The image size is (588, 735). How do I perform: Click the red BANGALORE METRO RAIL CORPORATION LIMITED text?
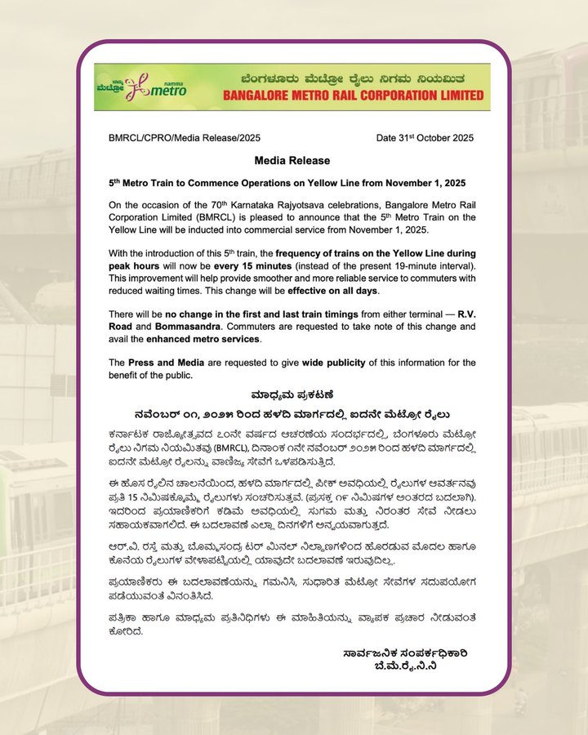(x=353, y=96)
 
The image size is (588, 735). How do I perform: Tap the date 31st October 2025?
(x=425, y=137)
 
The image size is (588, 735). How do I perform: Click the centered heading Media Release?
(x=292, y=161)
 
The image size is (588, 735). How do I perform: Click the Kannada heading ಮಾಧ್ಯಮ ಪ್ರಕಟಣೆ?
(x=292, y=393)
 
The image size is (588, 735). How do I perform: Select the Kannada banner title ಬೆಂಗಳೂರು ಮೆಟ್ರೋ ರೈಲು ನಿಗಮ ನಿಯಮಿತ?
(x=353, y=78)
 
